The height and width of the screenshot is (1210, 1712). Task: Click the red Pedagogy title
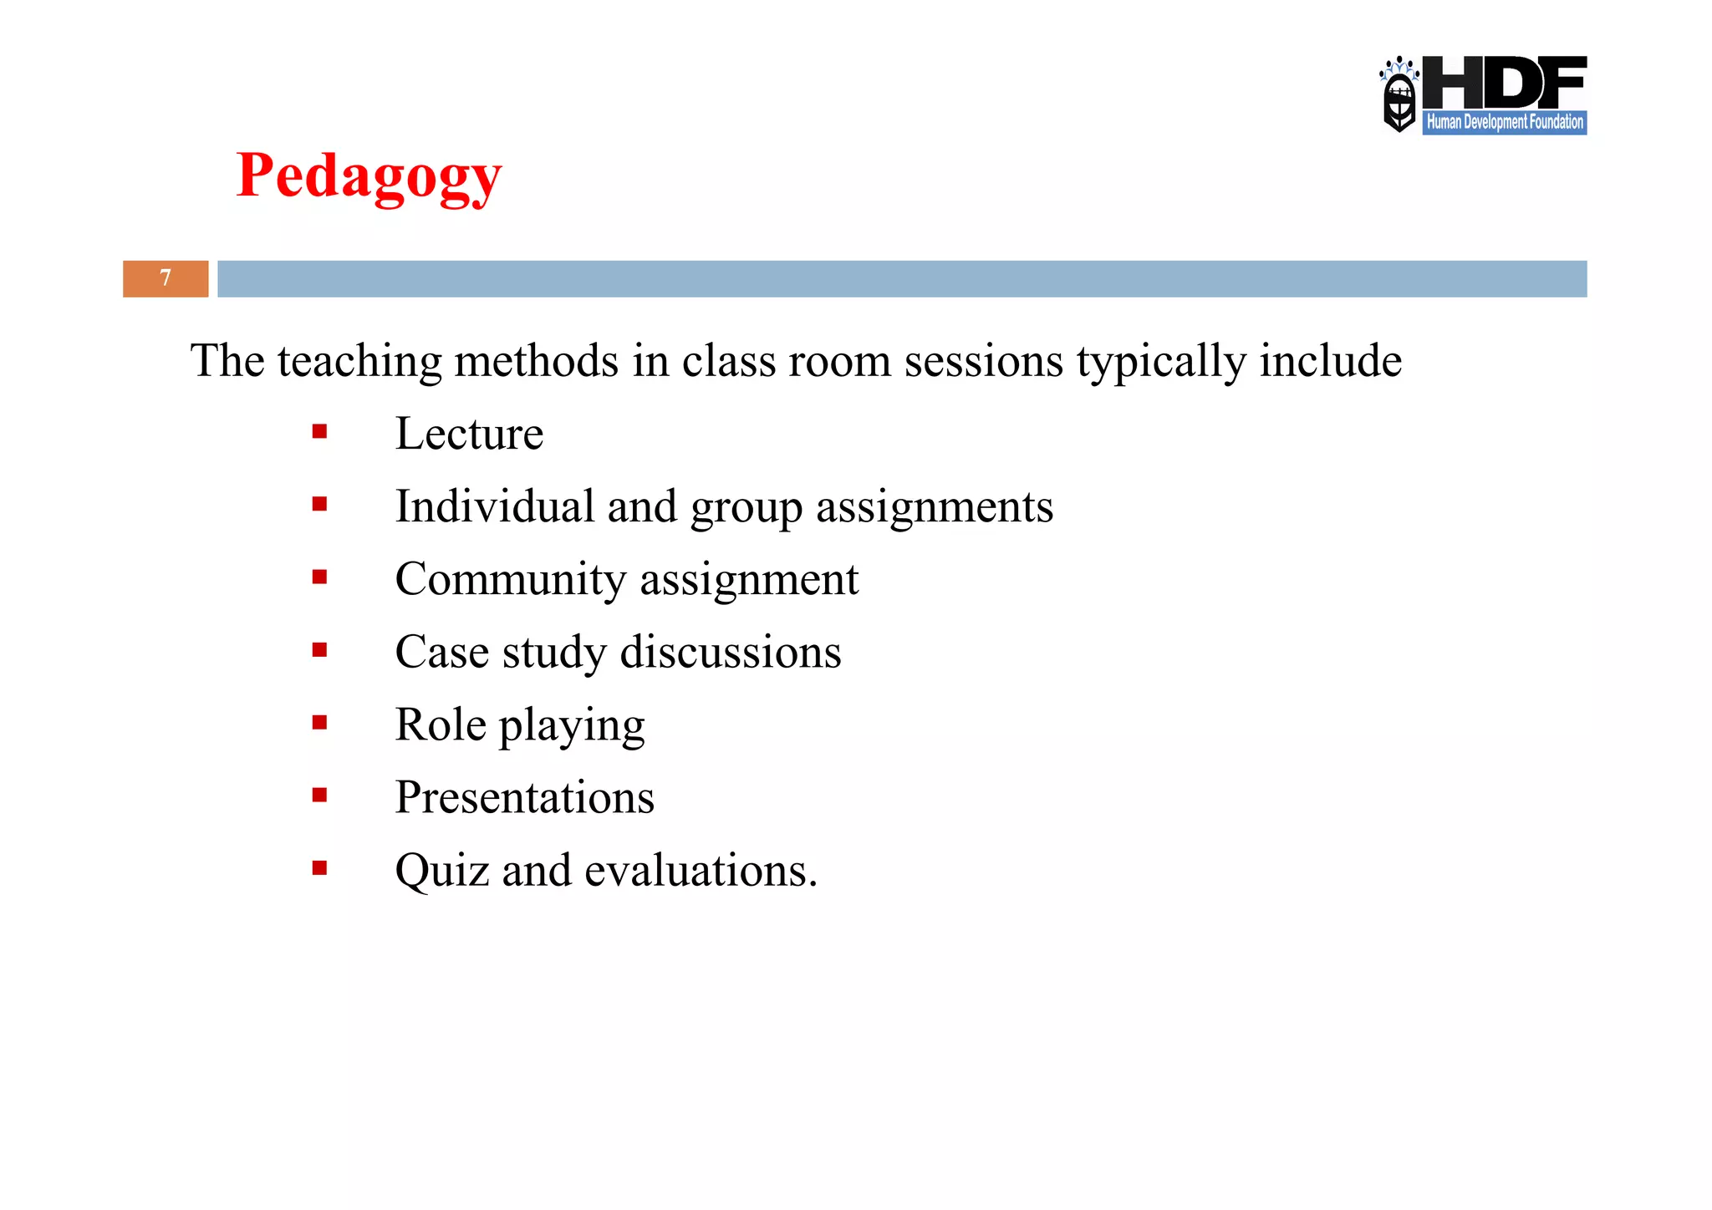click(x=369, y=176)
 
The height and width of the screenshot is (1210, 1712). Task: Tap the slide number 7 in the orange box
click(x=166, y=278)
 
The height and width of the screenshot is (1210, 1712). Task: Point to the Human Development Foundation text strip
click(x=1504, y=122)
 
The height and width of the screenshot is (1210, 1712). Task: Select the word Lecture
click(x=469, y=434)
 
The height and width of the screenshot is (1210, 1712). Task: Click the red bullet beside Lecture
click(x=319, y=432)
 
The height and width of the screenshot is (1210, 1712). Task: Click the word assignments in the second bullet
click(x=934, y=507)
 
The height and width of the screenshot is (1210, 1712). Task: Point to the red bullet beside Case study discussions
click(x=319, y=650)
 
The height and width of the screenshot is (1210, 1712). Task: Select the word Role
click(x=441, y=724)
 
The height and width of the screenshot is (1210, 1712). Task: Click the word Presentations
click(x=524, y=797)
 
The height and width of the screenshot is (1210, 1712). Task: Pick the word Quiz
click(x=441, y=871)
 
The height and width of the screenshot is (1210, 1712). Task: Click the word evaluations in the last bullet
click(x=701, y=871)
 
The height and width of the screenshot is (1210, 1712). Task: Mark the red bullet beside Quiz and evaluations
click(x=319, y=868)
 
